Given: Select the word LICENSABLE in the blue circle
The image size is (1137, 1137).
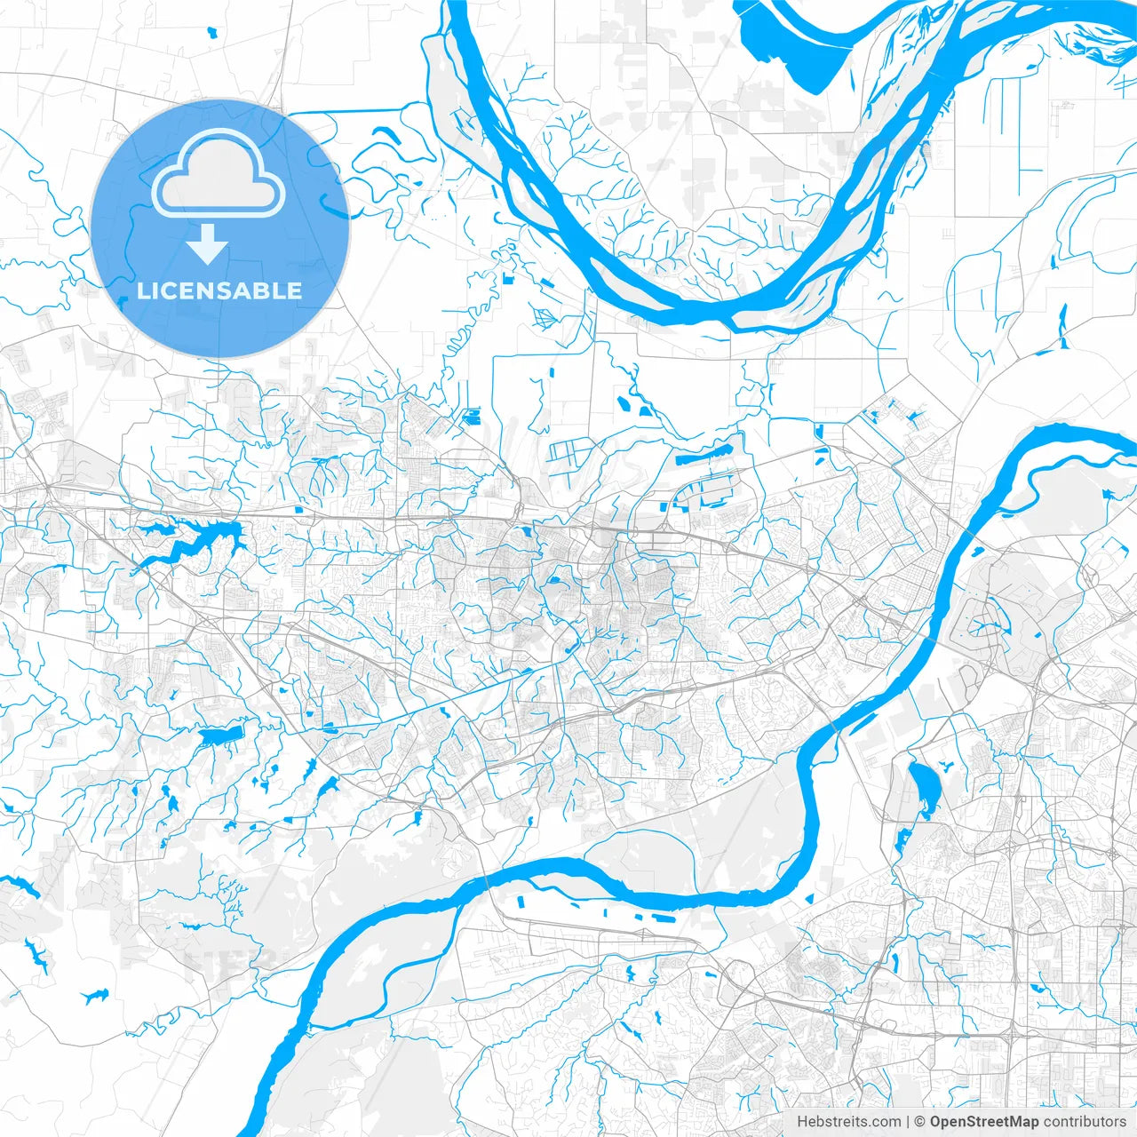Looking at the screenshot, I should (x=219, y=290).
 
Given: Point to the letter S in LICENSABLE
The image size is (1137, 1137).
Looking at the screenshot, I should (x=220, y=290).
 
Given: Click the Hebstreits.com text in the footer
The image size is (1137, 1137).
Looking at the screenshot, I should (x=848, y=1122).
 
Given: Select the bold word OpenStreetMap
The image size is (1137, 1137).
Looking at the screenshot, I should (x=984, y=1122).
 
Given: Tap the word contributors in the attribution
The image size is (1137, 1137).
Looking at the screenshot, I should (x=1085, y=1122).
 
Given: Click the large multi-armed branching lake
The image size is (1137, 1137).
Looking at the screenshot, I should (x=191, y=545).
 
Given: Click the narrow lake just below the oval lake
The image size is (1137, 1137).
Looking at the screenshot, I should (x=902, y=839).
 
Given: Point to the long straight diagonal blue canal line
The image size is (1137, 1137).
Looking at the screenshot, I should (x=426, y=708).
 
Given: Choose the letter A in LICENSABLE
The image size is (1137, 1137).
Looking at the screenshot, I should (x=242, y=290).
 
